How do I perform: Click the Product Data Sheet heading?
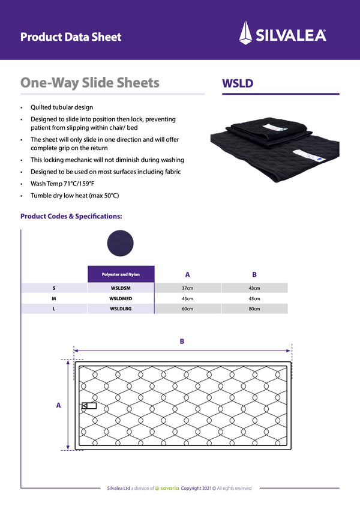71,37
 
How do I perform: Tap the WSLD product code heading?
238,83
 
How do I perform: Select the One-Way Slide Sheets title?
90,83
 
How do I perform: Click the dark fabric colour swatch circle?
120,243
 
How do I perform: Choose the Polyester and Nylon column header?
121,274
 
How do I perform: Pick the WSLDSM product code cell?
121,288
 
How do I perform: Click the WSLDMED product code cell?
121,298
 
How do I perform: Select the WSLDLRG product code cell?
121,309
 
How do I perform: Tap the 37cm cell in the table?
188,288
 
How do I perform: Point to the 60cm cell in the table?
188,309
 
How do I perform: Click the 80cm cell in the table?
254,309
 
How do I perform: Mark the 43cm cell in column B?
254,288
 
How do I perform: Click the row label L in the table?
54,309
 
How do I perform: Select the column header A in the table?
188,274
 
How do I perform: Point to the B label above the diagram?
182,342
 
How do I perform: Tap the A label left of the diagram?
58,405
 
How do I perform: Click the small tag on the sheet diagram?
89,406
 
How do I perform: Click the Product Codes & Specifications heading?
71,216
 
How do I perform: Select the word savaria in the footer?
169,488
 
